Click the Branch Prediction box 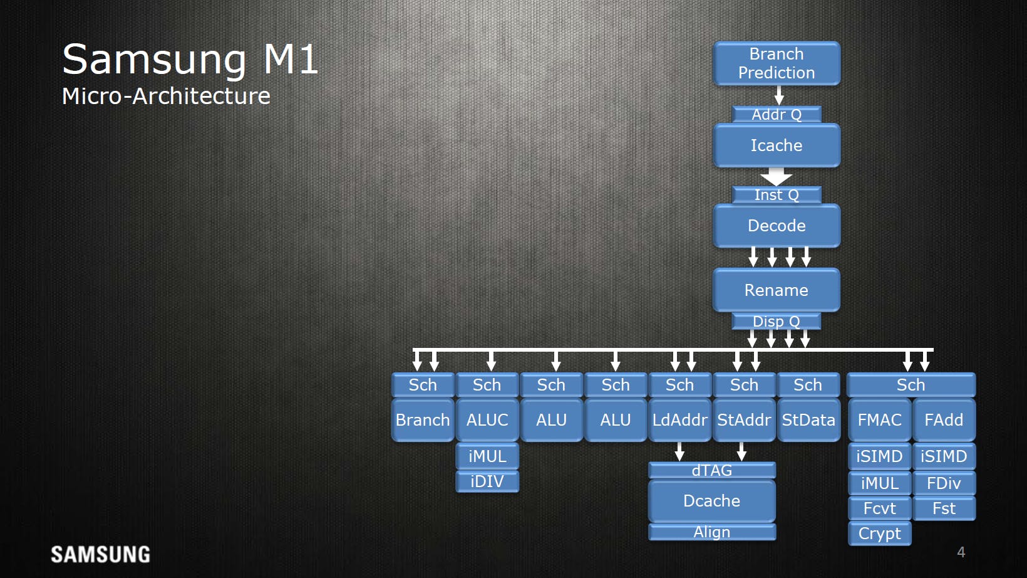coord(777,63)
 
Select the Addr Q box coord(777,114)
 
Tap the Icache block coord(777,145)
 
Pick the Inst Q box coord(777,195)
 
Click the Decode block coord(777,226)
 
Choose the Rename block coord(777,290)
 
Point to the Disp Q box coord(777,322)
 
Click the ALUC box coord(487,419)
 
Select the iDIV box coord(487,481)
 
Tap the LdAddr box coord(680,419)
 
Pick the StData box coord(808,419)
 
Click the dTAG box coord(712,470)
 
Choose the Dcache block coord(712,500)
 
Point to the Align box coord(712,532)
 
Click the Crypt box coord(880,533)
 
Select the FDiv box coord(944,483)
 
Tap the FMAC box coord(880,419)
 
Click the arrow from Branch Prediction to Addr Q coord(779,95)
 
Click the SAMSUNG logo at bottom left coord(100,555)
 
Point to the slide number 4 coord(961,552)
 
